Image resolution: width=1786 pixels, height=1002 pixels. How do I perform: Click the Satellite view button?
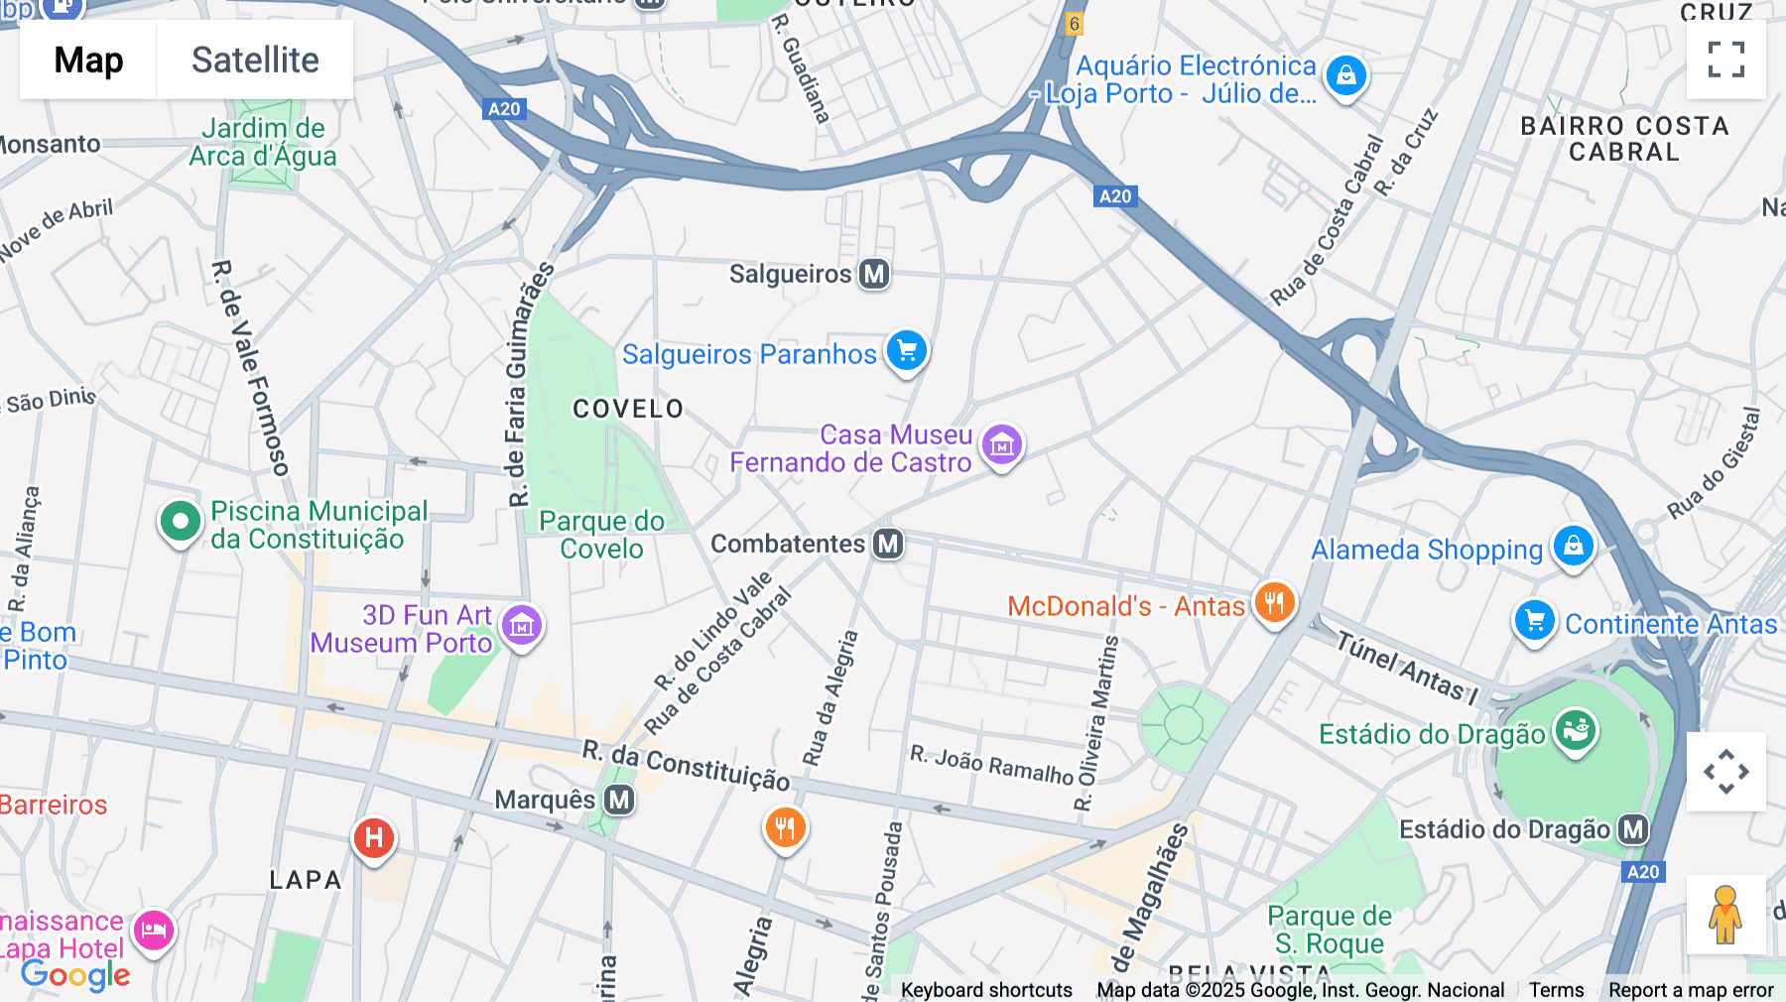[255, 60]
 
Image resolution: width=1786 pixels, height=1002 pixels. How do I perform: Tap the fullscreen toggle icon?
[1725, 60]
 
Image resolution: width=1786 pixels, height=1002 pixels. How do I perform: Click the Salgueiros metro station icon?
[874, 274]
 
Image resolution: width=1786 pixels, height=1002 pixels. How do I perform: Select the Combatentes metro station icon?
[888, 544]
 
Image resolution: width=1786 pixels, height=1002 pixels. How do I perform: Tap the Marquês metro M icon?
[619, 800]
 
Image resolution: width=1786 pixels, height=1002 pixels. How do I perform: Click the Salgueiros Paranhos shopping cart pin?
[906, 350]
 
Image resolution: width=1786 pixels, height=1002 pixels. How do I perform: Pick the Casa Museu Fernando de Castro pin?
[1001, 445]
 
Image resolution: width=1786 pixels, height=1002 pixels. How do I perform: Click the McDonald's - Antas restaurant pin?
[1274, 602]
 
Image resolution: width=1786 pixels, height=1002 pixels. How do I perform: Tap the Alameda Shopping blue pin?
[1573, 546]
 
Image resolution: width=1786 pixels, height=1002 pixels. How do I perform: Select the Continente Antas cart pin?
[1534, 621]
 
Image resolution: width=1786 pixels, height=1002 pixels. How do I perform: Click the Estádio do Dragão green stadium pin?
[1575, 731]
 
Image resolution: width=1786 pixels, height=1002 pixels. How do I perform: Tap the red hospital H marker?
[374, 838]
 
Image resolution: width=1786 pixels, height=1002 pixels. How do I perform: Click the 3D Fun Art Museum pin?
[522, 626]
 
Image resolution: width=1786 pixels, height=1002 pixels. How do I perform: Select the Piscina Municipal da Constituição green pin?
[181, 521]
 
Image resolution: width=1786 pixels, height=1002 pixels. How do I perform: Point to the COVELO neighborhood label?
[628, 409]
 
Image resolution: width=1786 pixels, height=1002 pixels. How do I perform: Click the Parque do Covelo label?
[601, 535]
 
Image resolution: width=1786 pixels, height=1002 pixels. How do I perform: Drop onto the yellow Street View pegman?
[1725, 914]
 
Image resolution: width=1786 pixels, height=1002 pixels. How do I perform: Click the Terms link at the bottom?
[1556, 990]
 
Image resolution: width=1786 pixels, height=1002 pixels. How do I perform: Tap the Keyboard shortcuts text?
[986, 990]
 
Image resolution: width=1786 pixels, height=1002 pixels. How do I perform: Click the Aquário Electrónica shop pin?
[1345, 75]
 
